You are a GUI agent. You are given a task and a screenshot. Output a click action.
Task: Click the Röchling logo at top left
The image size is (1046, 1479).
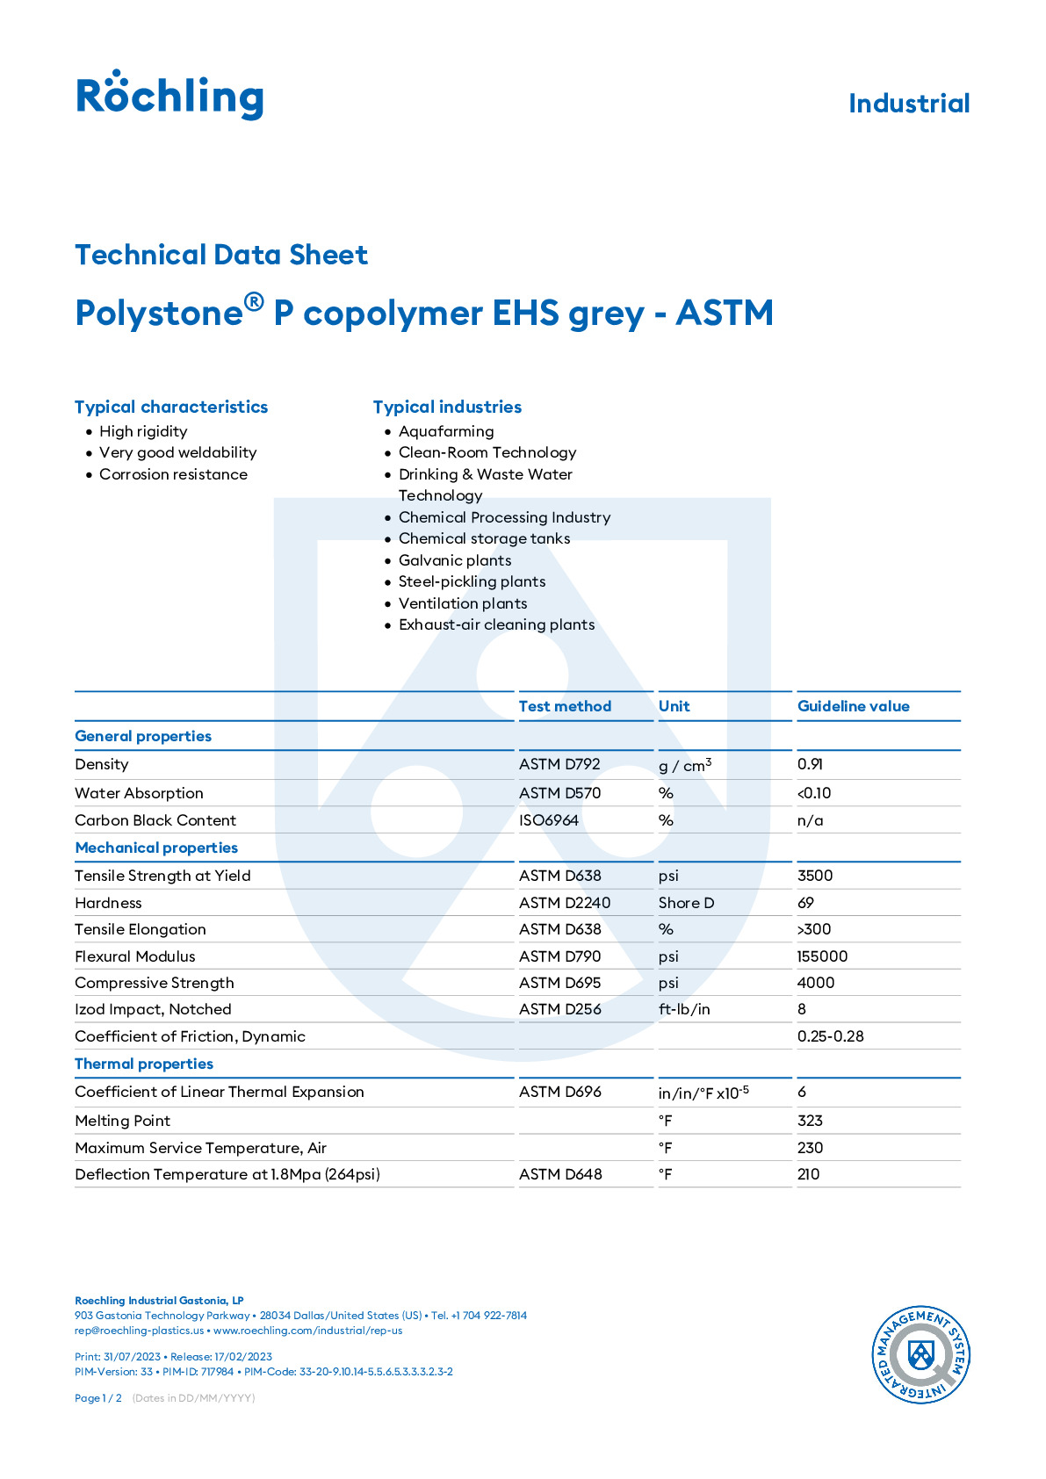pos(170,95)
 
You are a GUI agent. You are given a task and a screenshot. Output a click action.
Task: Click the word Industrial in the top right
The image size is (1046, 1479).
pos(908,104)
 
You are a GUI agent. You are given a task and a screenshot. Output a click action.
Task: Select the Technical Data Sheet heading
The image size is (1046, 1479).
pos(221,255)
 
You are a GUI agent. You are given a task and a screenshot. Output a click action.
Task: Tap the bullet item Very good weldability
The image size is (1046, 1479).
pos(177,452)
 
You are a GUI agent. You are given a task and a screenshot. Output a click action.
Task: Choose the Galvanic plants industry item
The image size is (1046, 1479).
pos(454,560)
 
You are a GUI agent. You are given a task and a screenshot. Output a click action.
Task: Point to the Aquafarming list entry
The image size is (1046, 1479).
pos(446,431)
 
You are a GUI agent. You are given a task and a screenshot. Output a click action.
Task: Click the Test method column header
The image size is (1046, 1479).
pos(565,706)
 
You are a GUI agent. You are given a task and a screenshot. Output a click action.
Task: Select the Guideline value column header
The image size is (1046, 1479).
pos(853,706)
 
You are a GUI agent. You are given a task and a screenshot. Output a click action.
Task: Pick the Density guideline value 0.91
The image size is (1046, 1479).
pos(810,764)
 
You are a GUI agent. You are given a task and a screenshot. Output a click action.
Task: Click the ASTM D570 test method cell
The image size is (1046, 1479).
pos(559,793)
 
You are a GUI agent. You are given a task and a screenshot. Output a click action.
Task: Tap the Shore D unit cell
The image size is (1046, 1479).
pos(686,903)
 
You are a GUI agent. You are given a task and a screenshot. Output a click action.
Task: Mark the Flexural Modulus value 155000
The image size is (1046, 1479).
pos(822,956)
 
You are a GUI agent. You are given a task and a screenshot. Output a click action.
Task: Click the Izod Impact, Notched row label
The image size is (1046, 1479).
pos(153,1009)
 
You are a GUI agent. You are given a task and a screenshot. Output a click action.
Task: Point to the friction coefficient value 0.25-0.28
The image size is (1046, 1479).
pos(830,1036)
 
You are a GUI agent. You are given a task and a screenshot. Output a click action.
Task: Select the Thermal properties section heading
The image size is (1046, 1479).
pos(144,1064)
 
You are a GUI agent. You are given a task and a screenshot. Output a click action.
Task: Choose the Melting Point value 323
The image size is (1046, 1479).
pos(810,1121)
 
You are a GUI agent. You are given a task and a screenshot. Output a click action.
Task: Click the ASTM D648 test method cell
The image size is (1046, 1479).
pos(560,1174)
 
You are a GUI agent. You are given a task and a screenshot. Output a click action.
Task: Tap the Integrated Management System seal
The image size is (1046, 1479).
pos(920,1354)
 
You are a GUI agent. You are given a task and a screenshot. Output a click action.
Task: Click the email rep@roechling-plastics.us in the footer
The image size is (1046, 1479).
pos(139,1331)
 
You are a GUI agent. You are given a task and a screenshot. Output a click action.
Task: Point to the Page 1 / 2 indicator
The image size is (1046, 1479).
pos(98,1398)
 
